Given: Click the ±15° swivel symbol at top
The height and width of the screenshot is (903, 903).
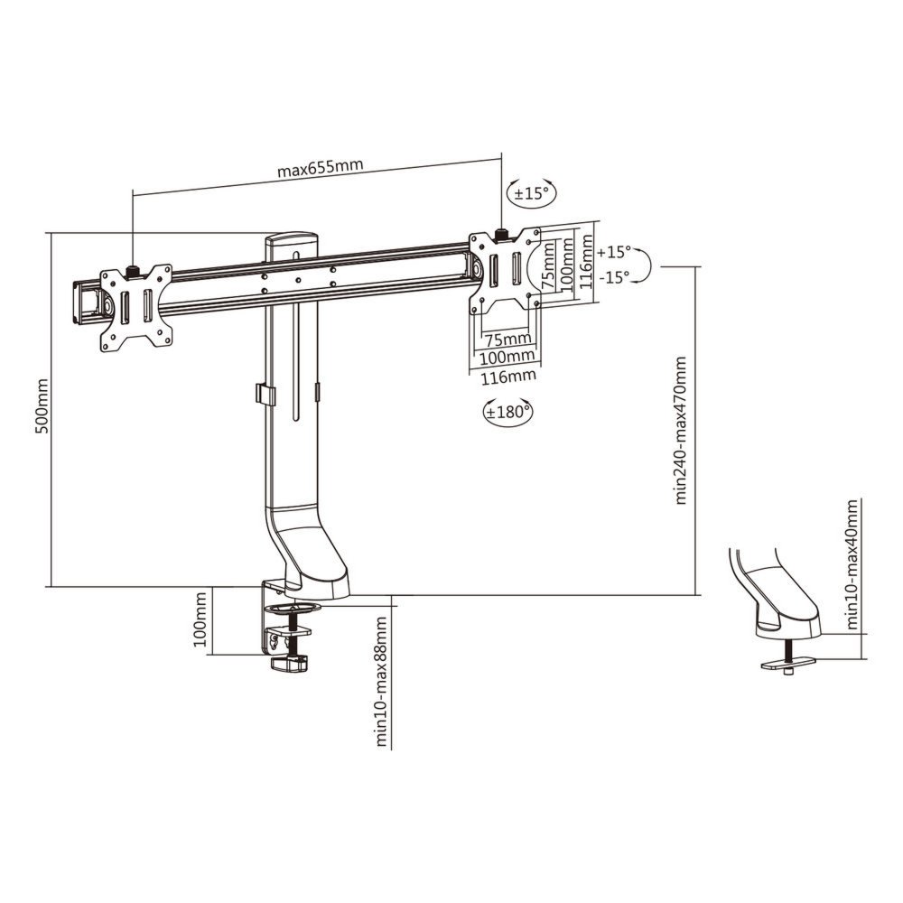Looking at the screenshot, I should [x=532, y=193].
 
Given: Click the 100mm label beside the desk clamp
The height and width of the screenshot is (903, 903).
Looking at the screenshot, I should [x=200, y=621].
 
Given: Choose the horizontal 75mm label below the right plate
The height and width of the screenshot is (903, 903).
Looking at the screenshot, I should [x=503, y=340].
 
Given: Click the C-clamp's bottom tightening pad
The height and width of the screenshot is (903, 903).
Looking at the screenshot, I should [x=291, y=665].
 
